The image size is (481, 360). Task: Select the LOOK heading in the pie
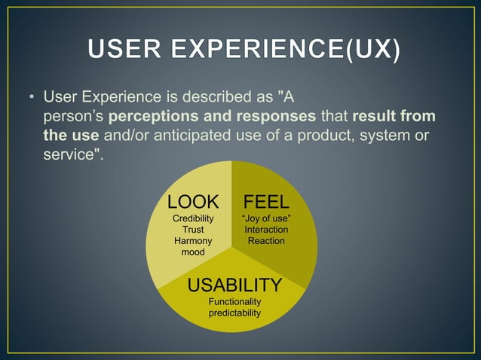[x=193, y=202]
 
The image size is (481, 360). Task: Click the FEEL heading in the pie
[x=265, y=202]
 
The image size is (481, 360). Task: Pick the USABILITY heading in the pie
[x=234, y=285]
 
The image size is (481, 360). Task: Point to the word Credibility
[x=193, y=218]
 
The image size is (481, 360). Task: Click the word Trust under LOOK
[x=193, y=230]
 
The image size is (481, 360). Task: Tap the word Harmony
[x=193, y=241]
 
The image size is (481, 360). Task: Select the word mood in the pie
[x=193, y=252]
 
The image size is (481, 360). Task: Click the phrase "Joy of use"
[x=266, y=218]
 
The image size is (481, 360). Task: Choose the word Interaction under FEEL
[x=266, y=230]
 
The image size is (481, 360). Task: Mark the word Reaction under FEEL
[x=266, y=241]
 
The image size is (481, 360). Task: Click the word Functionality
[x=234, y=302]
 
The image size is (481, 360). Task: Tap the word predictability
[x=234, y=313]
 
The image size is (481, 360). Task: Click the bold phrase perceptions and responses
[x=213, y=117]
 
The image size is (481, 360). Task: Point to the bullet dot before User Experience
[x=32, y=99]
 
